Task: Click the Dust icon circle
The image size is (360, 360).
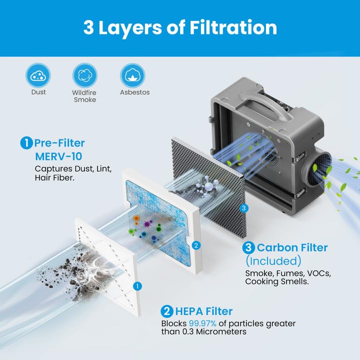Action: tap(38, 76)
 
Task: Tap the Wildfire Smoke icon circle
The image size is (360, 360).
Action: tap(84, 76)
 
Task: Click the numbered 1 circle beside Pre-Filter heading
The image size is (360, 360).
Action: tap(26, 143)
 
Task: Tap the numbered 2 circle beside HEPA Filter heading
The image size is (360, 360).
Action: tap(167, 311)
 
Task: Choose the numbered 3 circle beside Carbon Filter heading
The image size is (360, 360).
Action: tap(249, 247)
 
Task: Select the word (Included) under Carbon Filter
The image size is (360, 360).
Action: tap(273, 260)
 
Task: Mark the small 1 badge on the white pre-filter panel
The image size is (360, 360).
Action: tap(136, 285)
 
